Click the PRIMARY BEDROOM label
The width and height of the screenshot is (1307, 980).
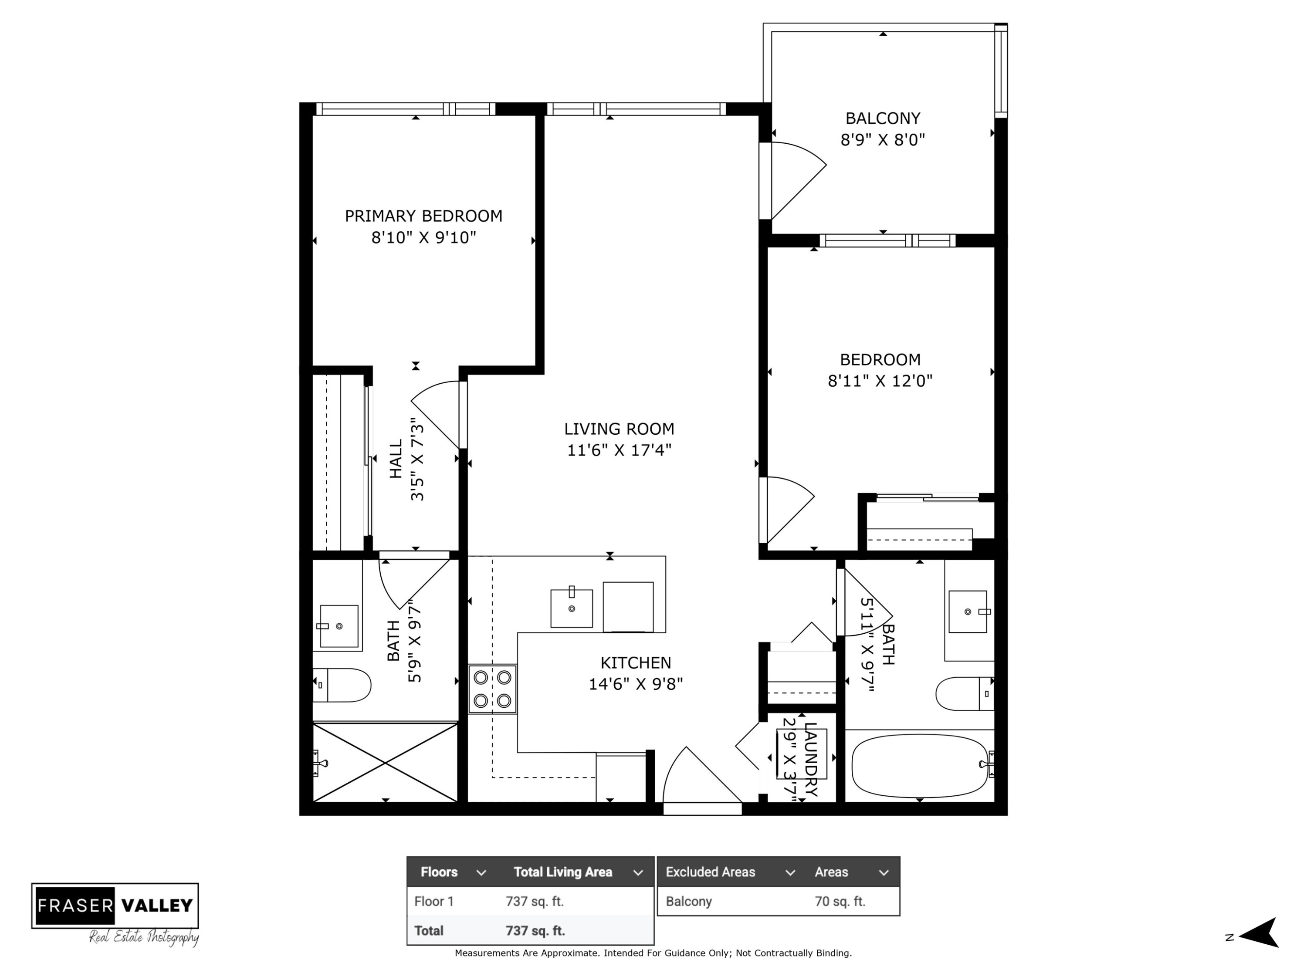click(423, 216)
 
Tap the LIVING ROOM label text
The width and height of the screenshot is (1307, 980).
click(619, 429)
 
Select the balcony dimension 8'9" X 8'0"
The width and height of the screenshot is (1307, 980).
click(883, 140)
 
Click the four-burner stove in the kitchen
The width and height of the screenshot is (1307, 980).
click(492, 689)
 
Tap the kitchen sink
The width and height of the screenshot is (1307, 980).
click(571, 608)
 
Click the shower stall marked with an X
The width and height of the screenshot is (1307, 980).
click(385, 762)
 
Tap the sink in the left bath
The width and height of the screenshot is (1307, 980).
click(339, 626)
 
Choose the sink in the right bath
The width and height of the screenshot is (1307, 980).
click(968, 612)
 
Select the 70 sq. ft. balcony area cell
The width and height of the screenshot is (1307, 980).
click(840, 902)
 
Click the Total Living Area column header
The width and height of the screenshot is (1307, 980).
click(562, 872)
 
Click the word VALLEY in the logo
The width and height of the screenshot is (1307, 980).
click(157, 906)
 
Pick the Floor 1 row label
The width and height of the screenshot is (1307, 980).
click(433, 902)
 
